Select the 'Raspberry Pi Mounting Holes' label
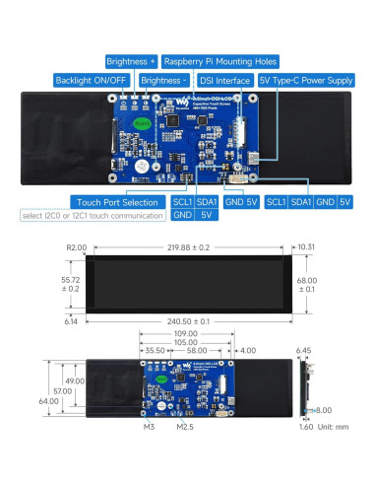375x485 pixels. (220, 61)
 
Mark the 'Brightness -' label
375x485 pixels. (161, 80)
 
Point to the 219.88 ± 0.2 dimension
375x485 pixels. (187, 247)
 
